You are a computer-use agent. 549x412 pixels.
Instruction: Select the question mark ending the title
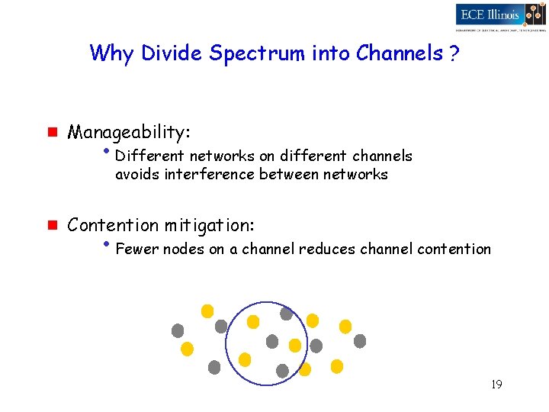454,53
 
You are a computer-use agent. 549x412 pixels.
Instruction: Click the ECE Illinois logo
499,15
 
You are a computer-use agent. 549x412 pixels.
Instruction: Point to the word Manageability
128,133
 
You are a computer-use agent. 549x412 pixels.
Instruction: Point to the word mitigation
208,225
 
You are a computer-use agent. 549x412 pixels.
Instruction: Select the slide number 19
496,385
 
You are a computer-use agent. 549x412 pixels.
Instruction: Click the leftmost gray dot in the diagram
178,330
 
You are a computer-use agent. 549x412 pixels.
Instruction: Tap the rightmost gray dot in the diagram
360,341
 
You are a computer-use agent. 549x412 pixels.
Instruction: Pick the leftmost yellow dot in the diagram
187,349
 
